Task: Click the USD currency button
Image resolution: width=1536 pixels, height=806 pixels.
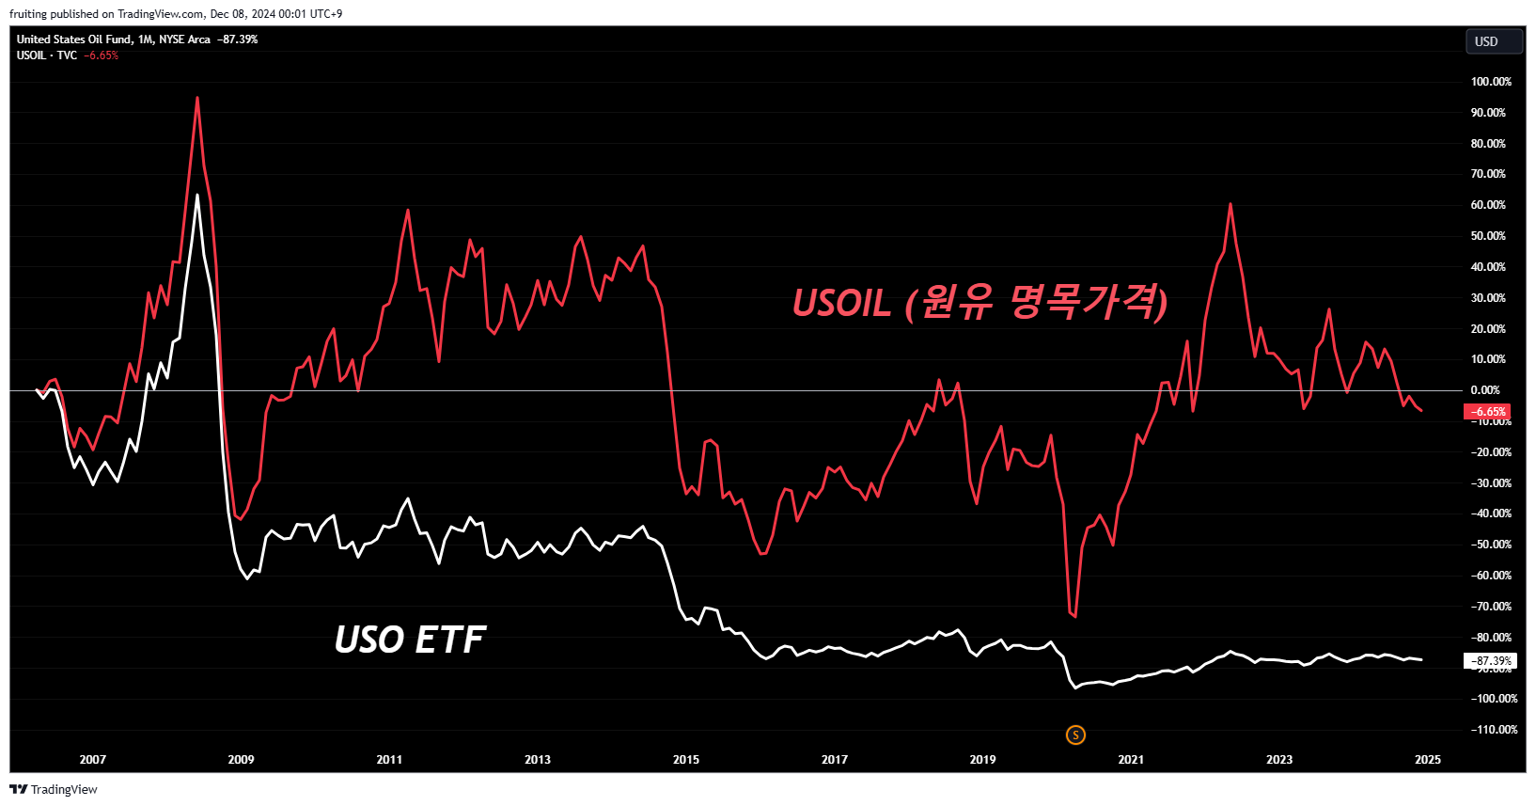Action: [1493, 41]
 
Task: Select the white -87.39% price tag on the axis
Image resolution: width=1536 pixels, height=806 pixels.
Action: [1491, 661]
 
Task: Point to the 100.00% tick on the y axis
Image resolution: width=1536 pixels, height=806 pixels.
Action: [1491, 82]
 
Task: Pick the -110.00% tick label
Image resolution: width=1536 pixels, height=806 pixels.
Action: [1494, 730]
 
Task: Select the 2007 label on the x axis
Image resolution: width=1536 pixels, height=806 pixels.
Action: [93, 760]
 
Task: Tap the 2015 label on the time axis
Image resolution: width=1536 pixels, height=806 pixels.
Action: [686, 760]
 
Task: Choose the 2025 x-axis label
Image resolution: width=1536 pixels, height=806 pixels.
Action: [1427, 760]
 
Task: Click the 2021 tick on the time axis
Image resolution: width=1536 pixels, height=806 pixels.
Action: [1131, 760]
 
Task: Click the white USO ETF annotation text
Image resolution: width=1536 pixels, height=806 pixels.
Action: [410, 640]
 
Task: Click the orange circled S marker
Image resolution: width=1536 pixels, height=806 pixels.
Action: [1076, 735]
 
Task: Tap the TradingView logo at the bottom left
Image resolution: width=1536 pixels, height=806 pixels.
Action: [54, 789]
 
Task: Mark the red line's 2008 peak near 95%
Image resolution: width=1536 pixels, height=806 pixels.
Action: [196, 97]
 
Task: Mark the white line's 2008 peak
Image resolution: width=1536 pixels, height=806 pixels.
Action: [196, 195]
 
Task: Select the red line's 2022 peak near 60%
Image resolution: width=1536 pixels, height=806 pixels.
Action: [1230, 204]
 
